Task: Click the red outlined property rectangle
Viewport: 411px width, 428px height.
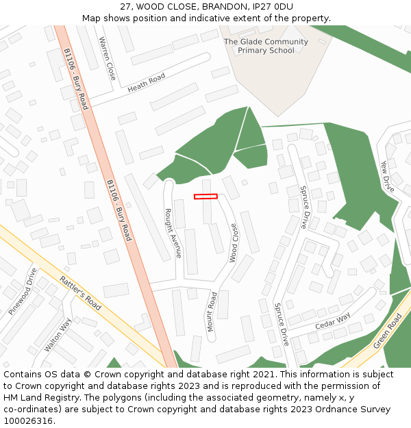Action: coord(206,197)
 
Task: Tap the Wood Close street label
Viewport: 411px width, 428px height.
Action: coord(234,243)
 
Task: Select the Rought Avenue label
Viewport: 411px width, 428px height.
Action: coord(173,233)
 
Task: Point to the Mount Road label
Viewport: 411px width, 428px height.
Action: coord(212,312)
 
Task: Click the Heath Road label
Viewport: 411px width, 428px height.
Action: coord(147,83)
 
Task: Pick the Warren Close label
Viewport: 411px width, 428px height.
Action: coord(107,58)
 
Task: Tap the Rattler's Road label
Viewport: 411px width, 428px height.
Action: coord(81,292)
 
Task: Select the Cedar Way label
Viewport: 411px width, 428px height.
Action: coord(332,319)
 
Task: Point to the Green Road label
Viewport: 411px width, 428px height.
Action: coord(388,331)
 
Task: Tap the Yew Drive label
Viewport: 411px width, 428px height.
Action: coord(388,175)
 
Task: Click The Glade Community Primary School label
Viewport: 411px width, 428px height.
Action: coord(266,46)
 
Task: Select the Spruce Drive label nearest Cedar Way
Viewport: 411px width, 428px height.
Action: coord(282,324)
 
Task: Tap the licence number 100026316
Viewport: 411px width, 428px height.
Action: coord(29,420)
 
